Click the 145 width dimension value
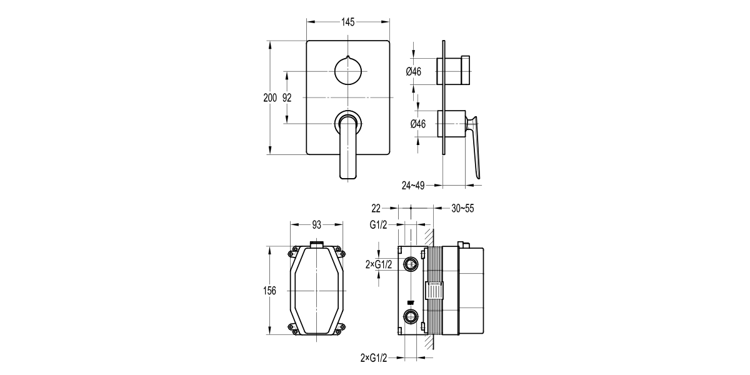[348, 22]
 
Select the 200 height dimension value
[269, 97]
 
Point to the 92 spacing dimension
[287, 97]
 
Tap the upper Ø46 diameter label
[414, 71]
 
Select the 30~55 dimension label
[463, 208]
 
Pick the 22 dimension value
[376, 208]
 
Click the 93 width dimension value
[317, 224]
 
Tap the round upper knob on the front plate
[348, 70]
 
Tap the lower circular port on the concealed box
[411, 315]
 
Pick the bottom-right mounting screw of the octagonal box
[341, 325]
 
